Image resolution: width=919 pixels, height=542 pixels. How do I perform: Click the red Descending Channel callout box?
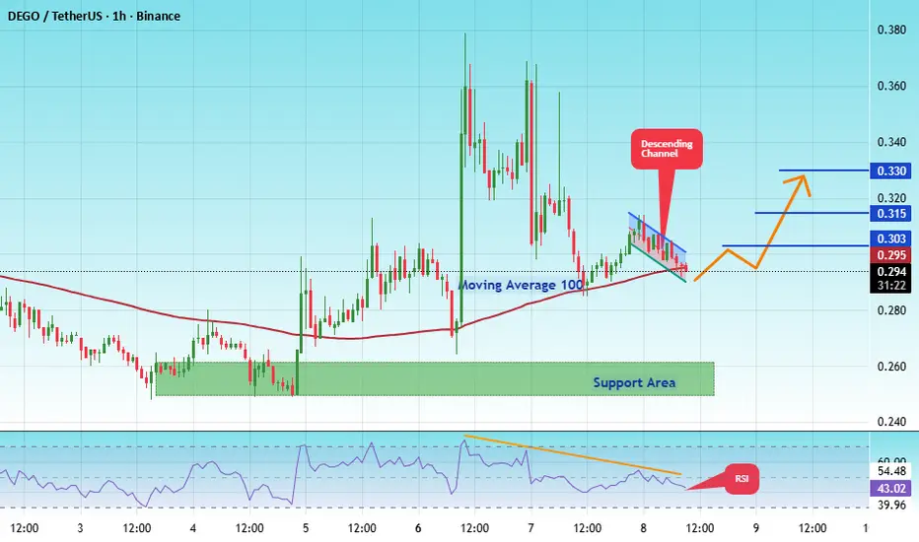667,149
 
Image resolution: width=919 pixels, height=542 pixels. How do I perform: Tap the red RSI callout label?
742,479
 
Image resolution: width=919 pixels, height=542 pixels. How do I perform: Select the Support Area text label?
634,382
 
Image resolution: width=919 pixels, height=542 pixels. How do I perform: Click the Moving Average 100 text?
521,286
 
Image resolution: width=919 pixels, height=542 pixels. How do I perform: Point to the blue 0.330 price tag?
890,171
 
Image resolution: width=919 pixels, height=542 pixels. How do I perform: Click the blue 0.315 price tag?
890,213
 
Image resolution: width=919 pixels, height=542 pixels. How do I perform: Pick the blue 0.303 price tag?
890,238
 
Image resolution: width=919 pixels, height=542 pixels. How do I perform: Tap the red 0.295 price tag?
890,255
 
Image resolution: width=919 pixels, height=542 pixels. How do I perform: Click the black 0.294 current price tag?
890,271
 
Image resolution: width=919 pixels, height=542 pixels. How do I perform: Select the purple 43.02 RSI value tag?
890,488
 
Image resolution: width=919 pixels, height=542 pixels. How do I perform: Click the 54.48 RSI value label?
891,471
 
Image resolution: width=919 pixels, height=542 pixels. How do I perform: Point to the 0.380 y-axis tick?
891,30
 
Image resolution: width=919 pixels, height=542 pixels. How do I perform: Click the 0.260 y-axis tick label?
891,367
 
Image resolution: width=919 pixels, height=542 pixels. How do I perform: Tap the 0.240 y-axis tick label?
891,422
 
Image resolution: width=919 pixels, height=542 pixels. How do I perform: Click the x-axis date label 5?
306,528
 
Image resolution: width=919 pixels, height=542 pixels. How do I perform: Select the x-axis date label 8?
643,528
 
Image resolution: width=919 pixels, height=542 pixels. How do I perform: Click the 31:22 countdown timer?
891,286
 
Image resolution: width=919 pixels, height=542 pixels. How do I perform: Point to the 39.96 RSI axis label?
891,506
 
